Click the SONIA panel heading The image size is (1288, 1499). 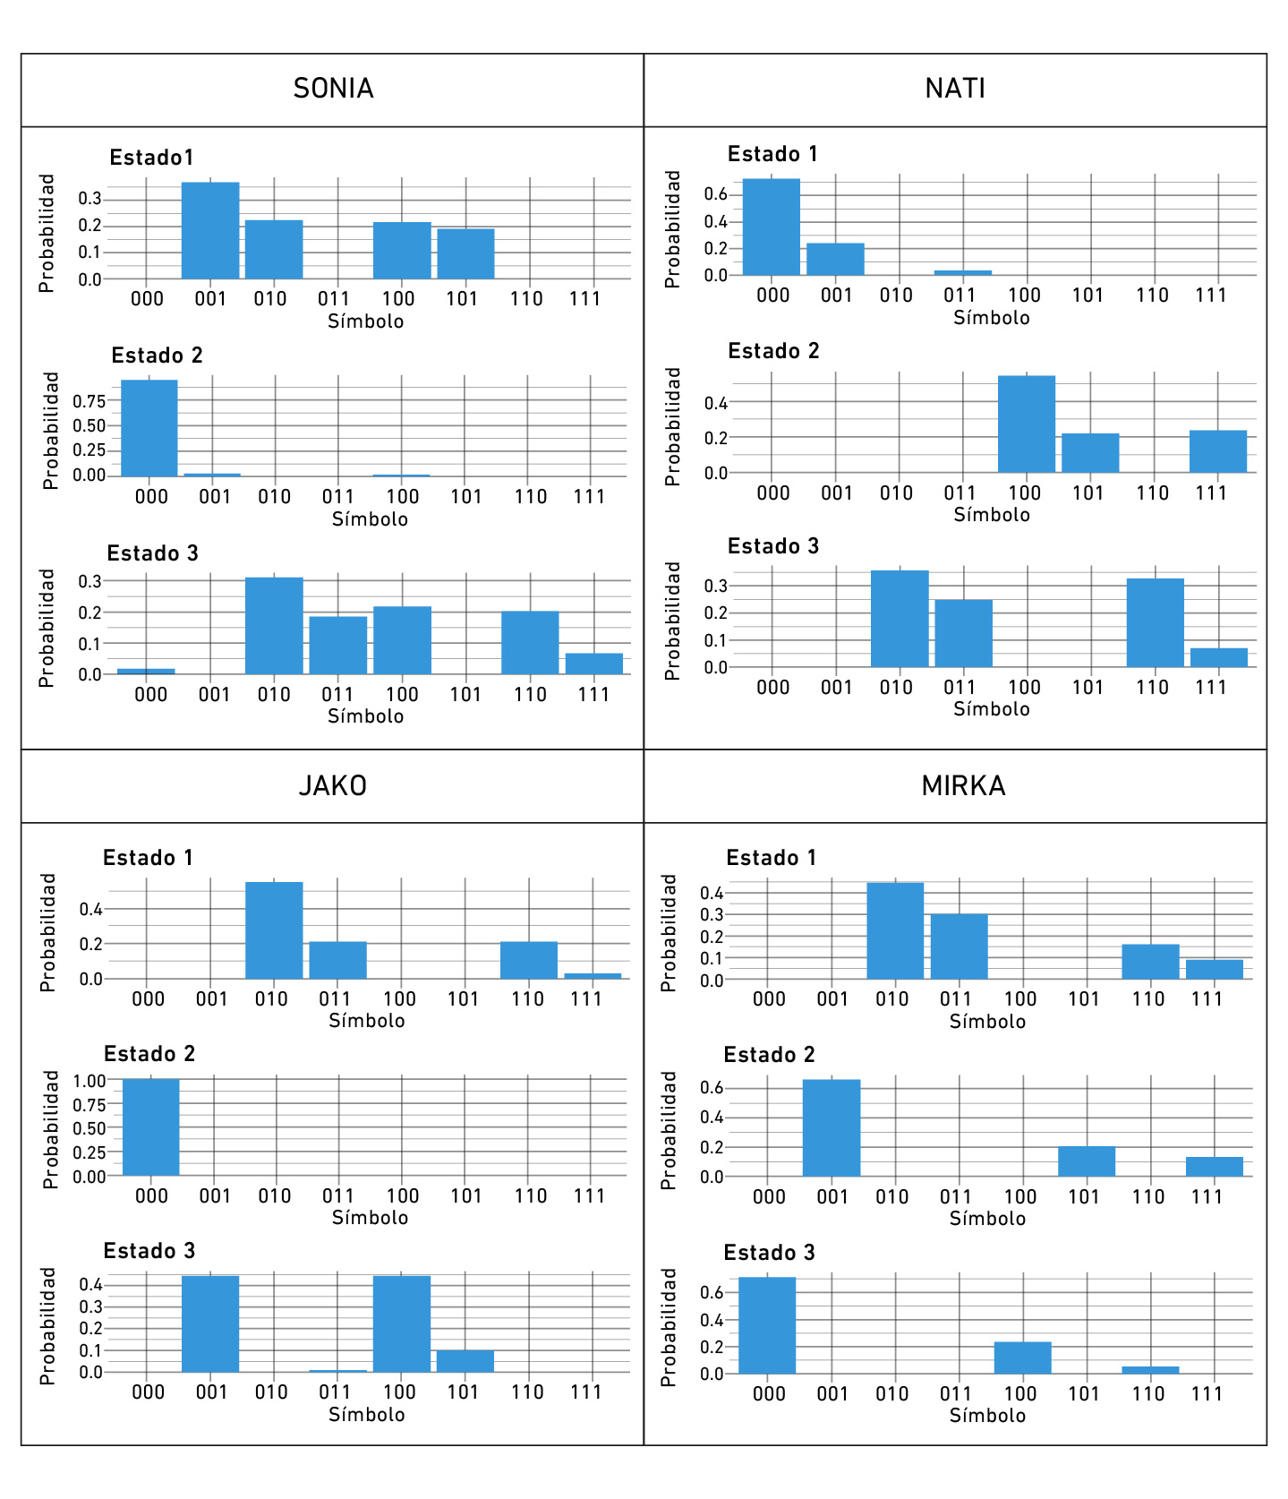pos(333,89)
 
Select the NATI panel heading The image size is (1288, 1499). pos(955,89)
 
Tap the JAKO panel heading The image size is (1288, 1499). pos(333,785)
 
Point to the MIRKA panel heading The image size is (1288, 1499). pos(963,785)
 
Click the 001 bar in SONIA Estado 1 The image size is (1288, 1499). pos(210,231)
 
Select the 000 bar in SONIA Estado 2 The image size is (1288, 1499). pos(149,428)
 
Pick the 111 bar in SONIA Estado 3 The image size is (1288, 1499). pos(593,664)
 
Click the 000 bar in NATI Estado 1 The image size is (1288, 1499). pos(772,227)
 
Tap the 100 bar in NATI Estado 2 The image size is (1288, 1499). pos(1027,424)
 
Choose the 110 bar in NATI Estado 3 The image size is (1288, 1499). pos(1155,623)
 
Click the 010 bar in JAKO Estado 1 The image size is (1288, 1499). pos(274,930)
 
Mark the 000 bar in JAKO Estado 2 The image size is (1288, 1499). pos(150,1127)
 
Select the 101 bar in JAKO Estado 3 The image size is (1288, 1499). pos(465,1361)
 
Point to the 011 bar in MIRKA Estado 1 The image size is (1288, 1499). pos(960,947)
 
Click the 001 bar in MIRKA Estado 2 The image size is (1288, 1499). pos(832,1128)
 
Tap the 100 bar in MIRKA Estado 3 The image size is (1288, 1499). pos(1022,1358)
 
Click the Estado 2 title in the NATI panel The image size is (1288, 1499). pos(773,351)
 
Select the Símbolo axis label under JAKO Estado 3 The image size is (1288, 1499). pos(366,1415)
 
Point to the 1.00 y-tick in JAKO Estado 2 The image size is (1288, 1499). pos(90,1081)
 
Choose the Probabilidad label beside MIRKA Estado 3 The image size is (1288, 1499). pos(669,1327)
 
